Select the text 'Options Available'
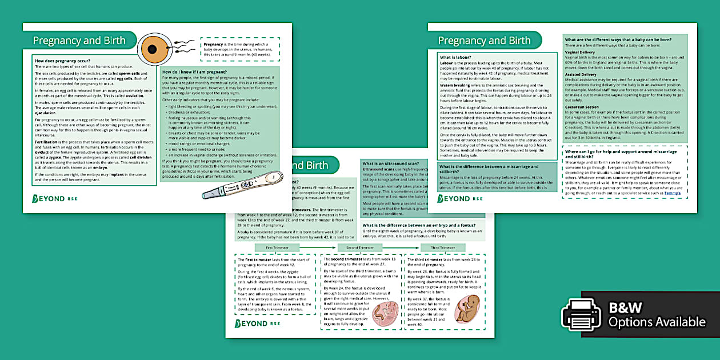coord(657,322)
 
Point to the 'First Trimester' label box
coord(277,247)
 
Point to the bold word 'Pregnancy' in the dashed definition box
coord(214,44)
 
